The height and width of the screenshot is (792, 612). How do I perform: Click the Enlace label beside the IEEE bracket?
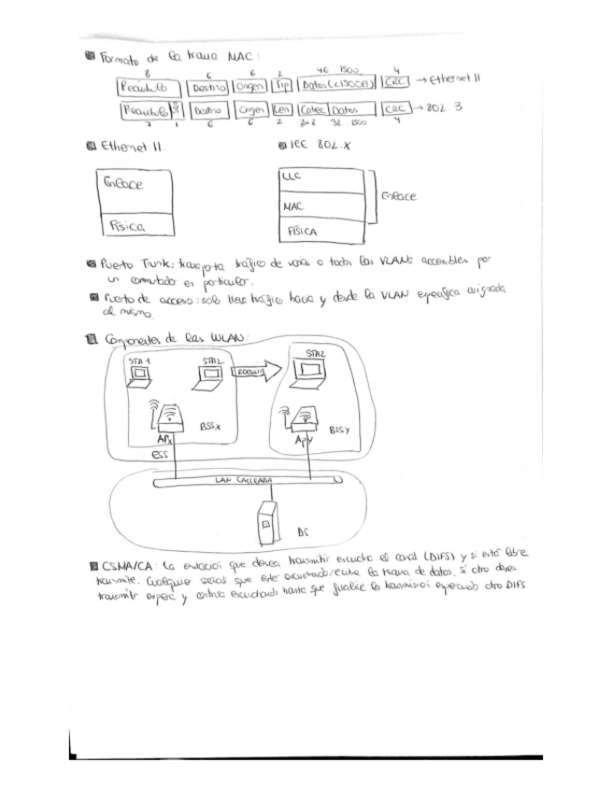pos(398,197)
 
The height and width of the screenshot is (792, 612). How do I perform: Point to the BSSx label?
pos(210,425)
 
